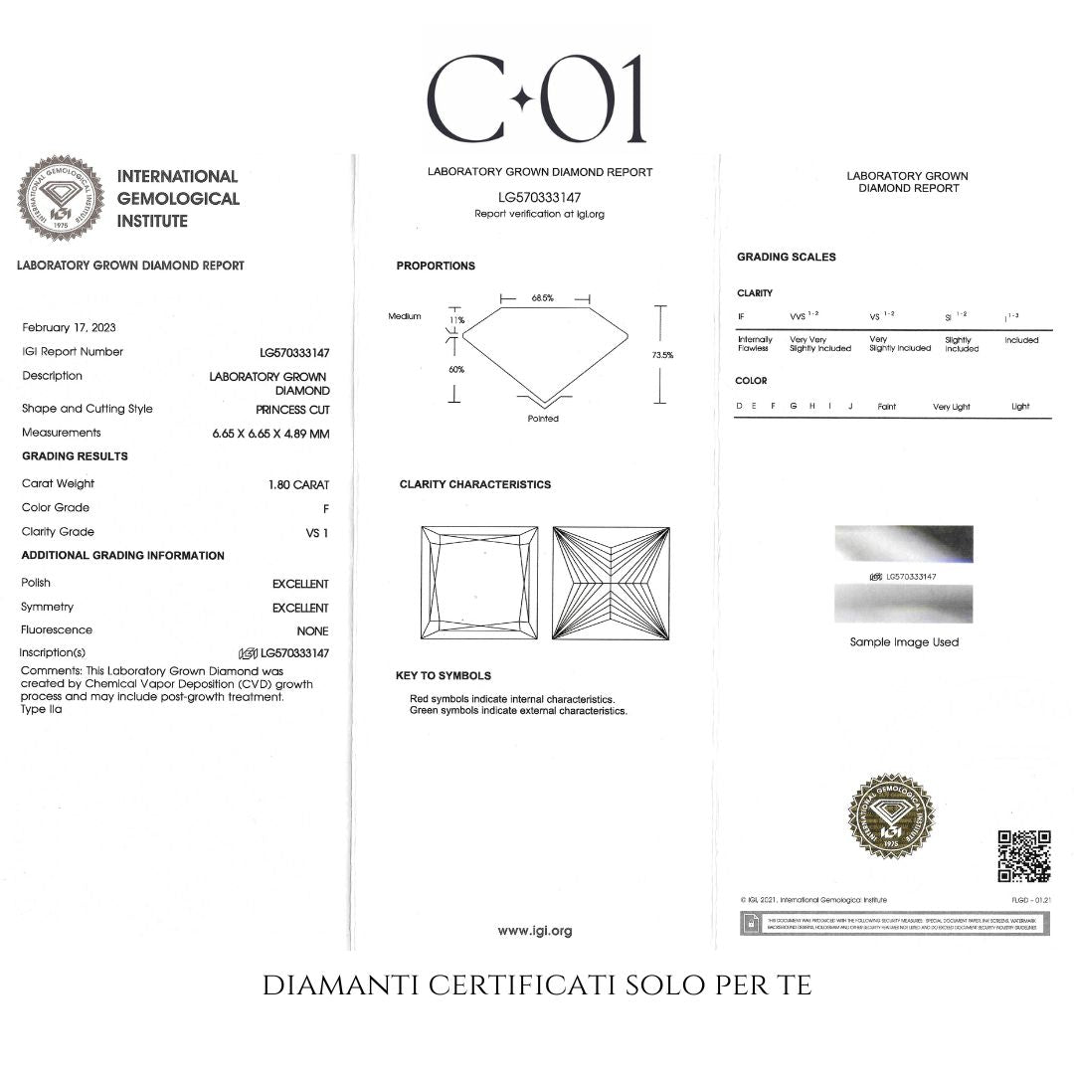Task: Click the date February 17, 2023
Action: [x=68, y=327]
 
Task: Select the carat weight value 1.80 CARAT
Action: [x=298, y=484]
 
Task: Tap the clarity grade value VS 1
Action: [x=317, y=533]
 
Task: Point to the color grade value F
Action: [x=325, y=508]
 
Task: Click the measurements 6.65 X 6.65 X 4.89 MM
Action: [x=270, y=434]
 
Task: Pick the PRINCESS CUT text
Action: [x=292, y=409]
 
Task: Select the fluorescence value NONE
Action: [x=312, y=631]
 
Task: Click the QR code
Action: [x=1023, y=856]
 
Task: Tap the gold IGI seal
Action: [x=890, y=816]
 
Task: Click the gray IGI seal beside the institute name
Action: [x=61, y=197]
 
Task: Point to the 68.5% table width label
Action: [x=542, y=298]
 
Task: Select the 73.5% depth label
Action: [x=662, y=355]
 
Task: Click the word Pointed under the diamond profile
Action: [x=543, y=419]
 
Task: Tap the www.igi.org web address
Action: [x=535, y=931]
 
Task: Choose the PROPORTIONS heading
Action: [x=436, y=266]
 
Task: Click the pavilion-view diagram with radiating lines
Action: [x=611, y=583]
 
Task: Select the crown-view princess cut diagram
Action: [x=479, y=583]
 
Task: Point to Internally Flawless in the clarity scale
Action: [x=754, y=344]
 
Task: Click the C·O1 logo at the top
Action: [x=536, y=98]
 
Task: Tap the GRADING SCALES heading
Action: [x=786, y=257]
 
